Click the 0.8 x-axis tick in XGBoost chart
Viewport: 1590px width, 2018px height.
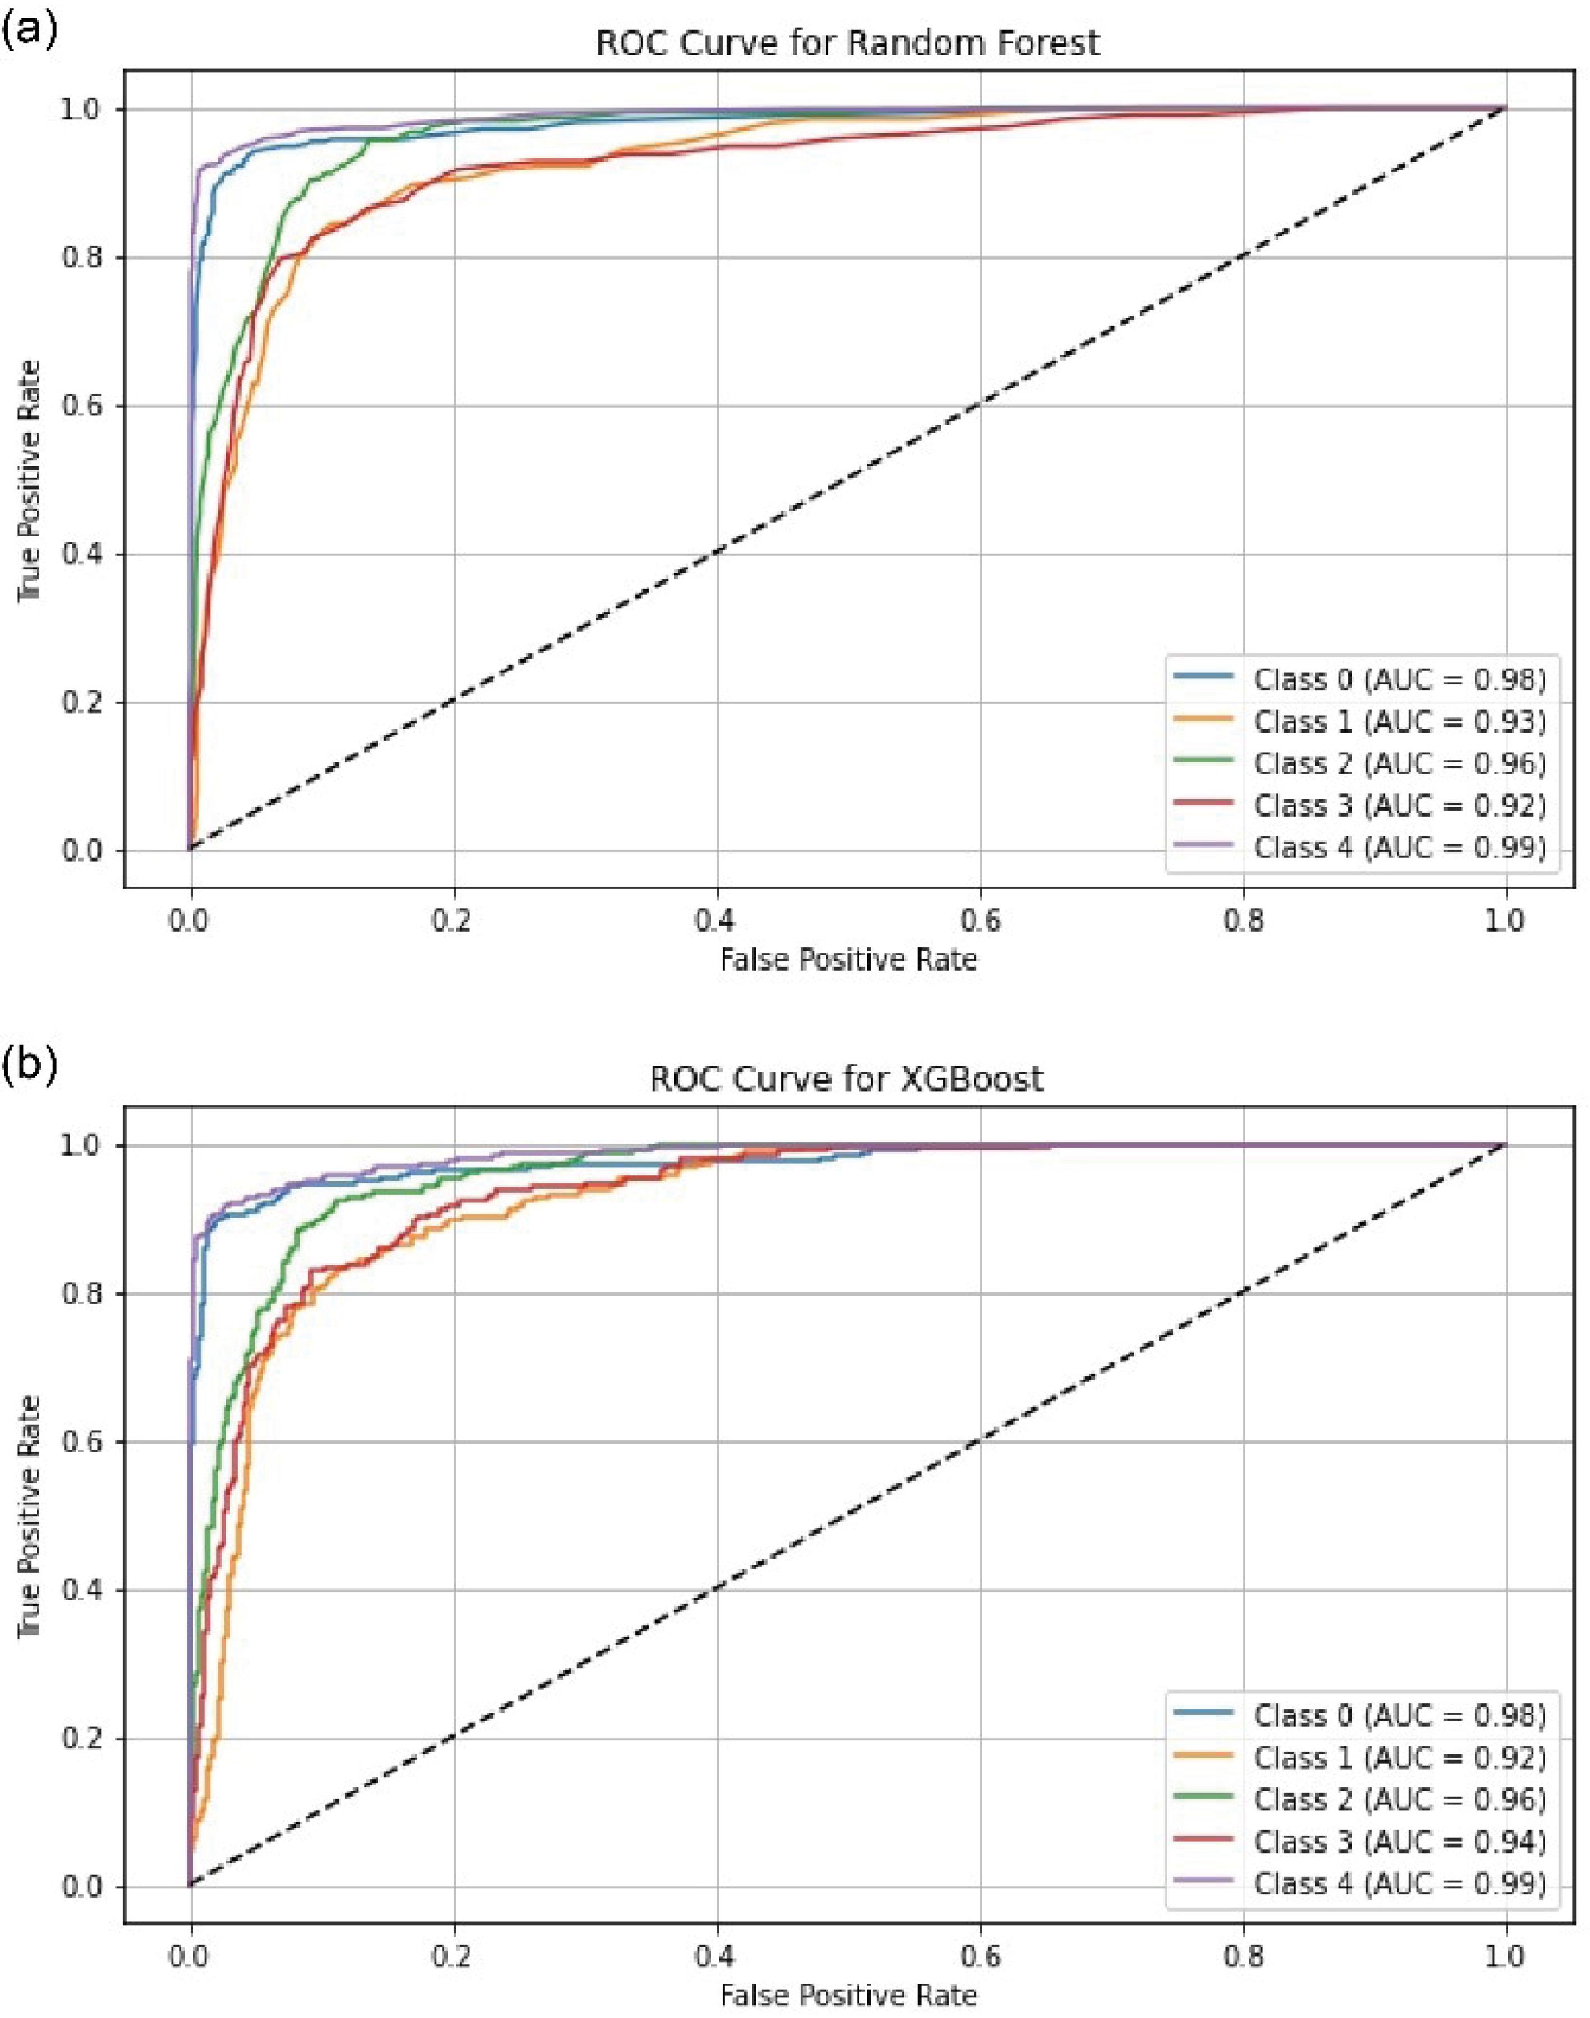point(1243,1956)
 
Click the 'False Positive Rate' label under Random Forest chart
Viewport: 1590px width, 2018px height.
point(848,960)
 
